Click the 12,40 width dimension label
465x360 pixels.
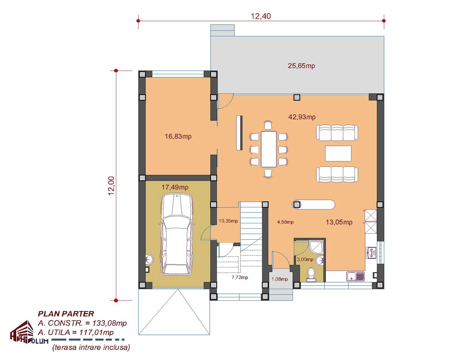coord(261,16)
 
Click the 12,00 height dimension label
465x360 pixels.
coord(112,185)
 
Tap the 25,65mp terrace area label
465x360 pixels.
coord(301,66)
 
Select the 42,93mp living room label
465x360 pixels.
coord(302,117)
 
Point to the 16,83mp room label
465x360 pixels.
coord(178,136)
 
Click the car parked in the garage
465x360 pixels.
coord(177,234)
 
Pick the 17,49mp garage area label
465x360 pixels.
coord(175,187)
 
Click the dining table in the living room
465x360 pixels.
coord(269,149)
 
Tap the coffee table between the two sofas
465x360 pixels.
coord(338,153)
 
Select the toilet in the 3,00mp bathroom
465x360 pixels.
coord(311,275)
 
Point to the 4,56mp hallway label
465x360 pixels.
coord(285,222)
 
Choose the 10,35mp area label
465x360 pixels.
coord(228,221)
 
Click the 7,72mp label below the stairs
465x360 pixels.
coord(240,278)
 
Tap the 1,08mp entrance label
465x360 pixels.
coord(280,279)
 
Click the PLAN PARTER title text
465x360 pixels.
coord(66,314)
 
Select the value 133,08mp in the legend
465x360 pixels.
coord(109,323)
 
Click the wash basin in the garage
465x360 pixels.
coord(149,259)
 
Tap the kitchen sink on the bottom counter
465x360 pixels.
coord(355,276)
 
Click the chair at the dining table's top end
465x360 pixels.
coord(268,125)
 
